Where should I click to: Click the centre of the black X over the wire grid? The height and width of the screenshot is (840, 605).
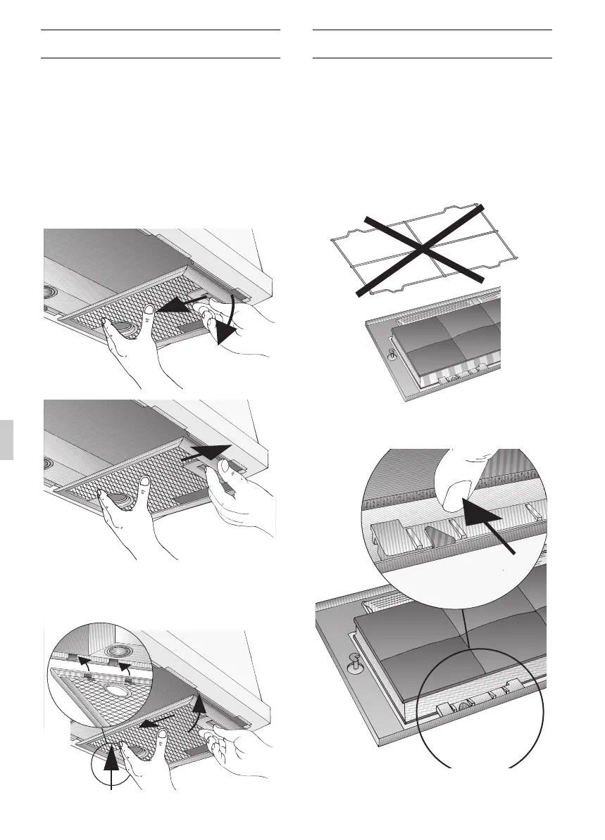click(420, 250)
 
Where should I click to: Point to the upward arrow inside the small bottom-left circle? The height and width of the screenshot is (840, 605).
click(111, 768)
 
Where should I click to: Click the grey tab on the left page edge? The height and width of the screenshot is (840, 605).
click(6, 439)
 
